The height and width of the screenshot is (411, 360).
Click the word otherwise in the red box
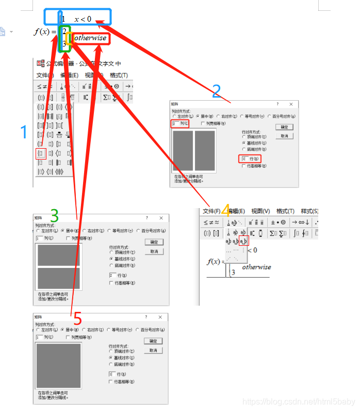(90, 38)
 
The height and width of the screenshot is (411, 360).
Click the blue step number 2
(217, 91)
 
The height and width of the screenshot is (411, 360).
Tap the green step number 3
(54, 215)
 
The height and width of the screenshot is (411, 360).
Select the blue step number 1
(23, 133)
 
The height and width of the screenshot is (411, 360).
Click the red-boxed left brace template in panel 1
(40, 153)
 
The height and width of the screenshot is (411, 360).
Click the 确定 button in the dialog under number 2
(284, 127)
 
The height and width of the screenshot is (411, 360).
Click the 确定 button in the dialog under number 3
(154, 242)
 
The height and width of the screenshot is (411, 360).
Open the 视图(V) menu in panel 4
(260, 211)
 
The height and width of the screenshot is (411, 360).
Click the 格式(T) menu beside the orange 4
(285, 211)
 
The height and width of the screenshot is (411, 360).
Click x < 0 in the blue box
(83, 19)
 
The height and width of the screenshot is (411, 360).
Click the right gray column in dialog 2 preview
(205, 150)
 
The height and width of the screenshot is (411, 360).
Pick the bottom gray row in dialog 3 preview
(58, 278)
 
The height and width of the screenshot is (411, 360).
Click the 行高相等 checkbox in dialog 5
(110, 382)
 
